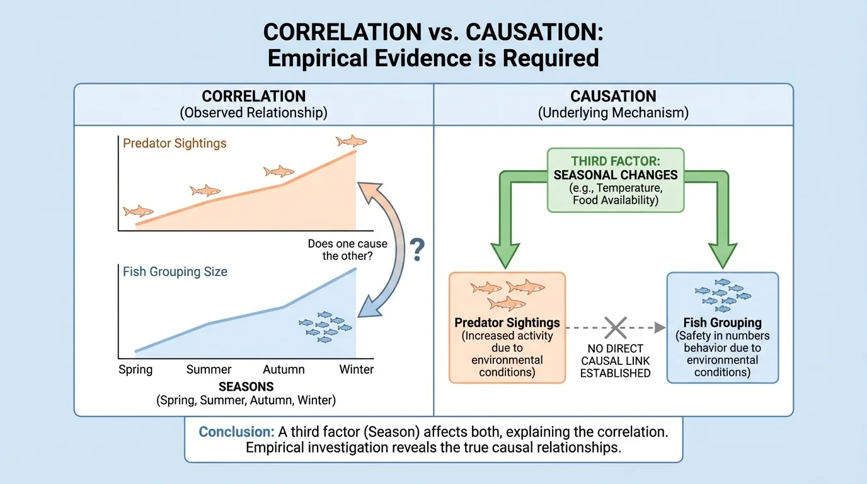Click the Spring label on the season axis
tap(135, 369)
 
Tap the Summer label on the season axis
tap(209, 369)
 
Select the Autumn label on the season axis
tap(284, 369)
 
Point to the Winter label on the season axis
tap(357, 369)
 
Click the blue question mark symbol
tap(416, 251)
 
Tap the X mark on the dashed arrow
tap(615, 327)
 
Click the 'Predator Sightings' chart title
tap(175, 143)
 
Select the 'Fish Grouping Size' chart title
tap(175, 272)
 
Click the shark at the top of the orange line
tap(351, 141)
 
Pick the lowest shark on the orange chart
tap(138, 211)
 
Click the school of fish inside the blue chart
tap(325, 326)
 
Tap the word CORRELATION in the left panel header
tap(254, 96)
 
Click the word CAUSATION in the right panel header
tap(613, 96)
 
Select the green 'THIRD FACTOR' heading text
tap(616, 161)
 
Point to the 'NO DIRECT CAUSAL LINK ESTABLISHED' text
tap(615, 360)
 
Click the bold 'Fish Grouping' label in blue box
tap(722, 323)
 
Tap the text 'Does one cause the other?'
tap(347, 250)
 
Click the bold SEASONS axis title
tap(246, 386)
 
